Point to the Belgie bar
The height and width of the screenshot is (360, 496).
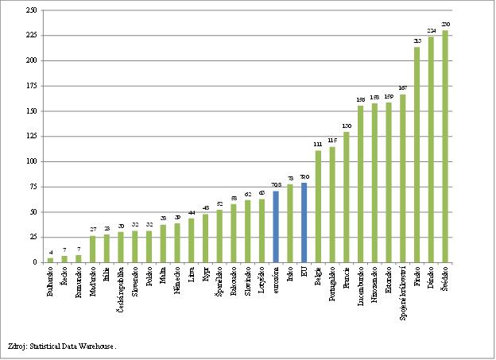[x=318, y=207]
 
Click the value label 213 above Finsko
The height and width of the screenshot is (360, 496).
[x=417, y=41]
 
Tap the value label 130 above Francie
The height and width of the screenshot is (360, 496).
[x=347, y=126]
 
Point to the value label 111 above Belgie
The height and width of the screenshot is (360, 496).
[x=318, y=145]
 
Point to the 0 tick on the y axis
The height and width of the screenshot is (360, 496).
[x=37, y=262]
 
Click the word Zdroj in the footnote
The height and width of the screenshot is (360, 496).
[x=17, y=346]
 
